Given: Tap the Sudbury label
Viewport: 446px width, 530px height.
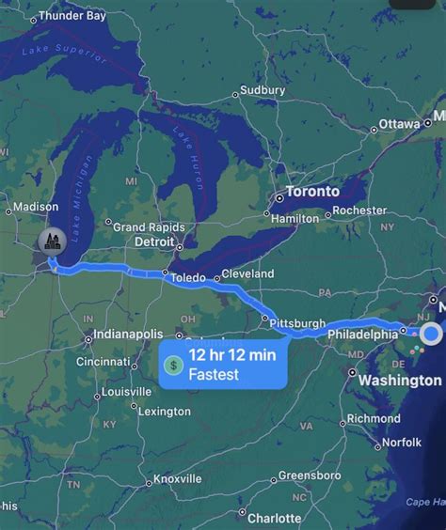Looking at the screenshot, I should click(263, 90).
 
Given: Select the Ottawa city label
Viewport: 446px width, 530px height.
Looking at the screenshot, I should click(400, 124).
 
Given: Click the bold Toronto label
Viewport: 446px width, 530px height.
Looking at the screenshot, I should click(312, 192).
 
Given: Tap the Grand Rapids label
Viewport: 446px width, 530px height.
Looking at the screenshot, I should click(149, 226).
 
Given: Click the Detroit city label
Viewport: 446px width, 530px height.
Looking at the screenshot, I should click(155, 242).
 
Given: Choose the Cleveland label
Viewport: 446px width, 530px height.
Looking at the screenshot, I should click(247, 273).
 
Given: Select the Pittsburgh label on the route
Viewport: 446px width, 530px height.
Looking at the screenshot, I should click(297, 323).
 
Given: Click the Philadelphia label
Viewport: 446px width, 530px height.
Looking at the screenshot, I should click(363, 335).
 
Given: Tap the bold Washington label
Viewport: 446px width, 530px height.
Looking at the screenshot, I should click(400, 381).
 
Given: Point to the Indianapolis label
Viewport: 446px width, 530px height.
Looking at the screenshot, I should click(128, 335).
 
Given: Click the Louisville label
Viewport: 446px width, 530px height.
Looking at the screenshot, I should click(126, 391).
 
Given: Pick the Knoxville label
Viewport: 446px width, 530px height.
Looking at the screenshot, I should click(178, 479).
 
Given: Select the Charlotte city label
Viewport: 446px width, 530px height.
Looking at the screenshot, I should click(275, 518).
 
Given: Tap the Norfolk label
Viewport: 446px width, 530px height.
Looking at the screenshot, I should click(402, 443).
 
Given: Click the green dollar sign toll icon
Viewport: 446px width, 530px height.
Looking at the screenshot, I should click(173, 365).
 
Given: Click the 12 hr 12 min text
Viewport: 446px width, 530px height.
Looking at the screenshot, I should click(231, 354).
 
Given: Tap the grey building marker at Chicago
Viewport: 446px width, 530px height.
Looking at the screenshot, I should click(51, 242).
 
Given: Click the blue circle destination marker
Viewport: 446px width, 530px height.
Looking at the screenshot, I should click(432, 333).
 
